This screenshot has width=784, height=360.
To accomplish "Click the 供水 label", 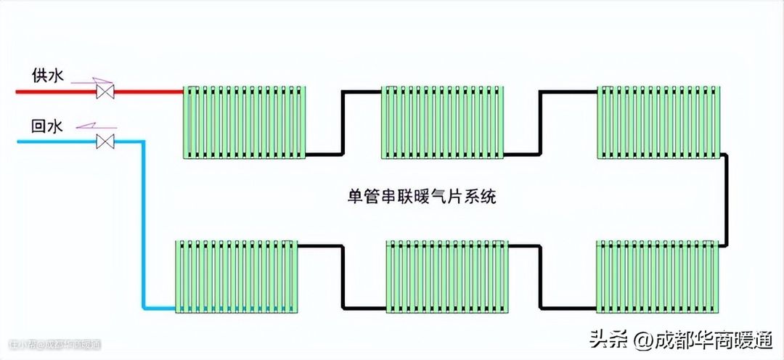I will [x=47, y=75].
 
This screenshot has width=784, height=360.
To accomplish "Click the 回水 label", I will [x=47, y=126].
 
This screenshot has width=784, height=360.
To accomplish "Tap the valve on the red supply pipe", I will [x=107, y=92].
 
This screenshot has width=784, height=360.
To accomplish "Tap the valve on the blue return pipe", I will [x=107, y=142].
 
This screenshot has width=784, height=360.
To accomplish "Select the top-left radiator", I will [x=244, y=122].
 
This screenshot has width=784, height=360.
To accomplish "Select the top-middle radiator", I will [x=443, y=122].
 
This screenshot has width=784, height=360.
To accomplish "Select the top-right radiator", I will [x=658, y=122].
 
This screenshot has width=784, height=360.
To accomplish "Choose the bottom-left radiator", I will [x=237, y=276].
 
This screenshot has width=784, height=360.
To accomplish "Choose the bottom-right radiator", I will [x=657, y=277].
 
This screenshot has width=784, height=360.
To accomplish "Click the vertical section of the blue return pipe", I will [x=144, y=225].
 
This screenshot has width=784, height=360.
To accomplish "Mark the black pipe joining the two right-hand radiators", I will [x=726, y=200].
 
